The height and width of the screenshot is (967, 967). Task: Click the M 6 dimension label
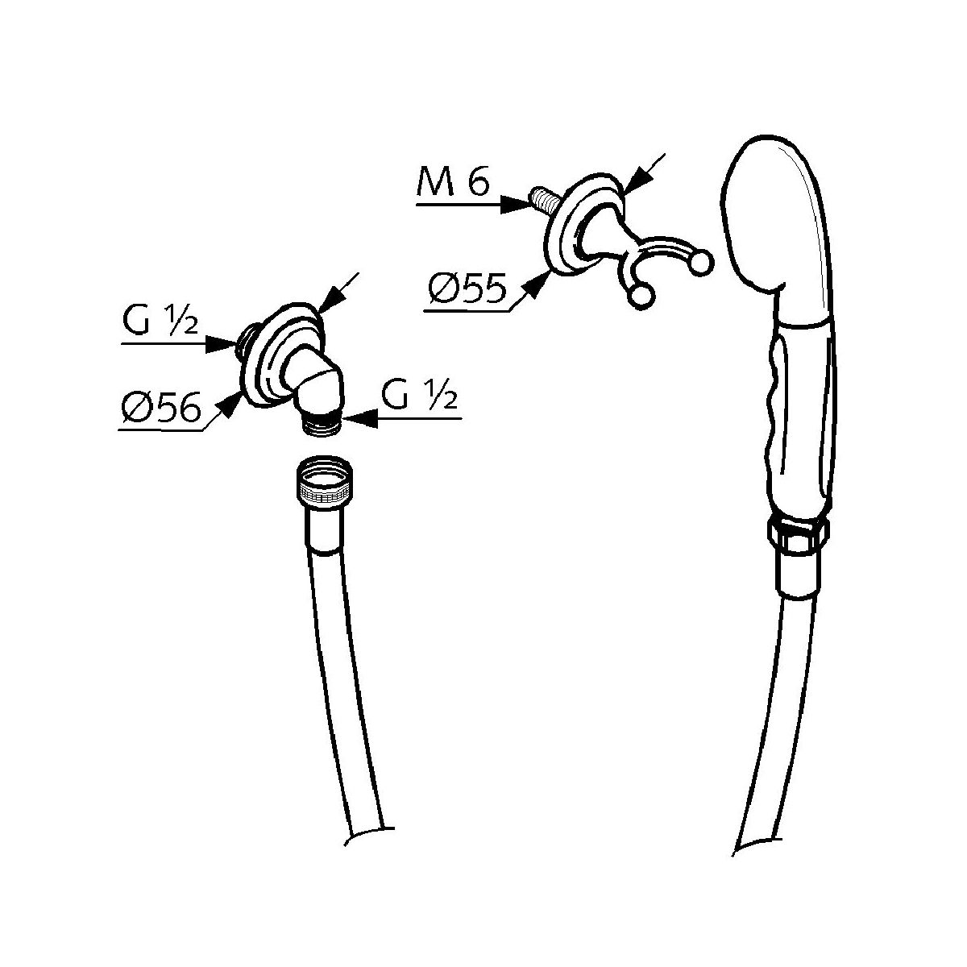click(453, 185)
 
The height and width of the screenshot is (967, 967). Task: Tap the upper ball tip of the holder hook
click(700, 262)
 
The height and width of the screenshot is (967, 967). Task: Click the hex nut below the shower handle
click(796, 533)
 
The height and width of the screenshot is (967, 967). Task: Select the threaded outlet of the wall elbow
click(326, 422)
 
